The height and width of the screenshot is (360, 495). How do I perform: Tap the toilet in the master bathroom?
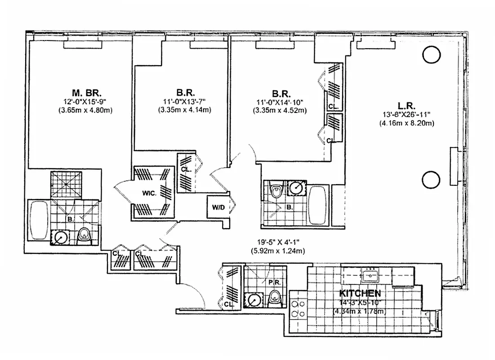84,235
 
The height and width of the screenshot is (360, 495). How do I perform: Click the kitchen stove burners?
298,310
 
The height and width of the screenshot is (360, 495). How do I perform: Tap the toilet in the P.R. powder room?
274,297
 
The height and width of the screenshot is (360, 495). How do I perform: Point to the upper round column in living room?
431,55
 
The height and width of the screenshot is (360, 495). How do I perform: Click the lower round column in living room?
431,180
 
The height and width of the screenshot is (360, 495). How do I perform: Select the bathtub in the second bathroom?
319,205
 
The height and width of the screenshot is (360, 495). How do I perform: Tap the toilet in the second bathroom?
276,192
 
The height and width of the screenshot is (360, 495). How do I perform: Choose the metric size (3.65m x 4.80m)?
85,110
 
